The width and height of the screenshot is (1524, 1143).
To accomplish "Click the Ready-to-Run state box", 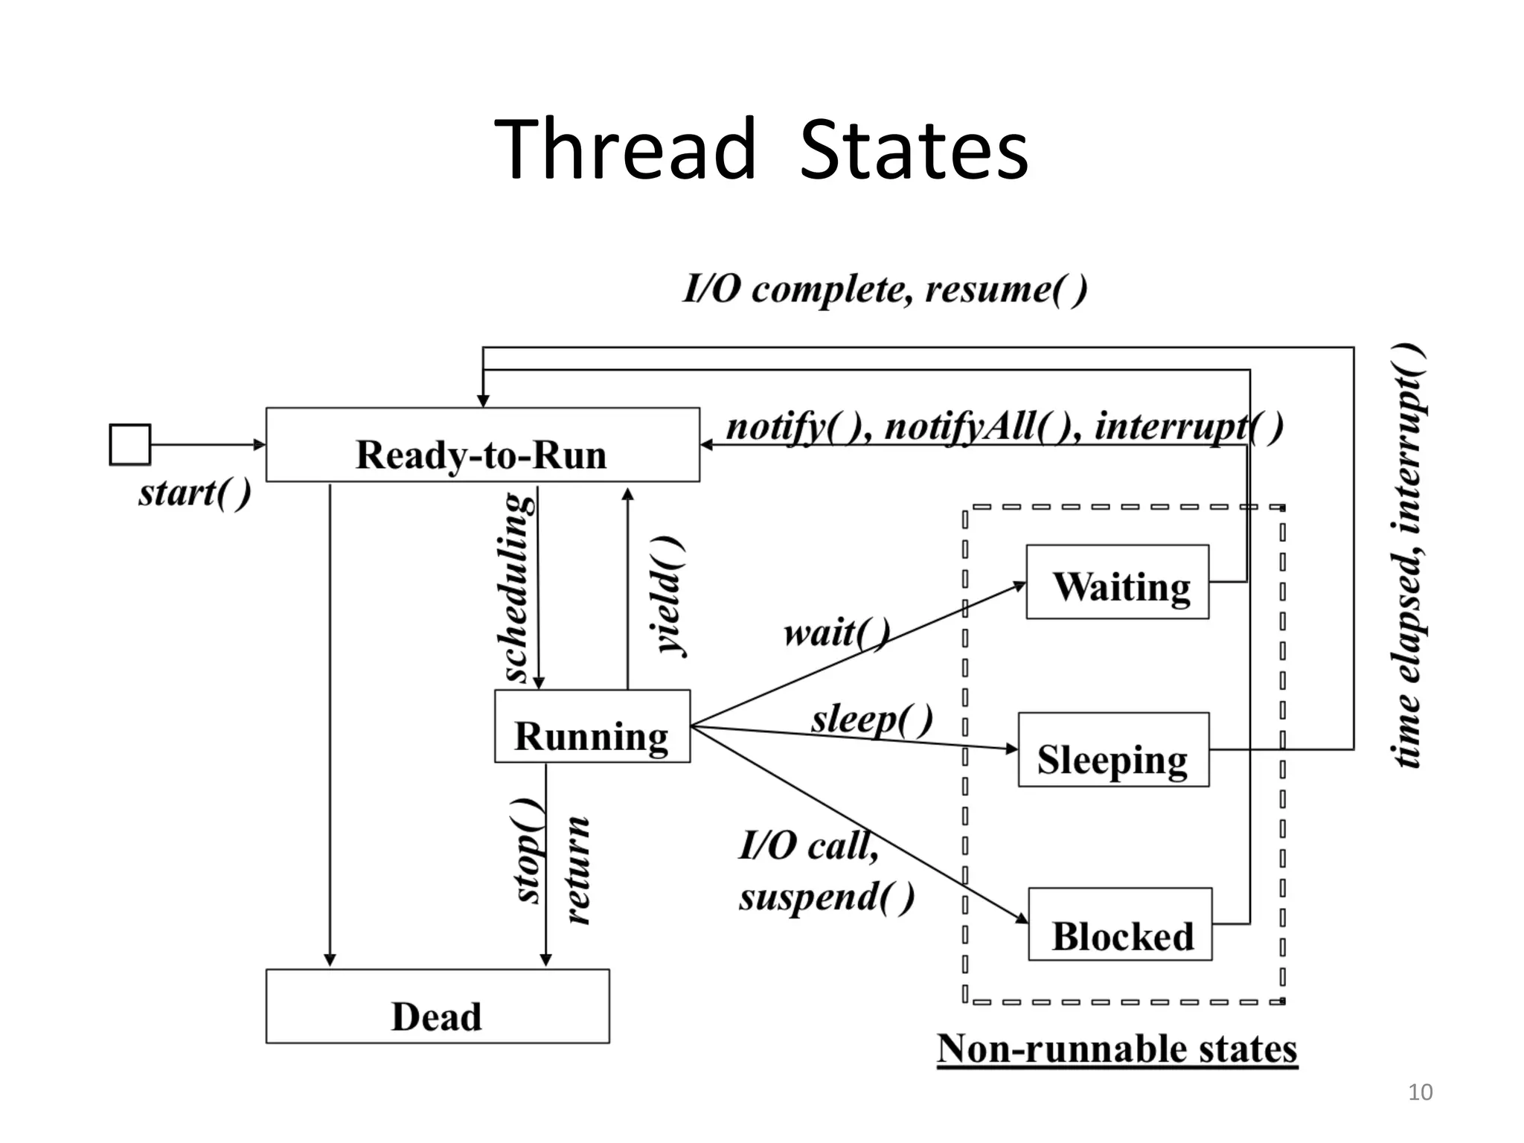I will coord(482,445).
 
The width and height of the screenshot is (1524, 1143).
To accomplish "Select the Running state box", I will coord(592,726).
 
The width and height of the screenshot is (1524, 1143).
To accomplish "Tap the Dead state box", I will coord(438,1006).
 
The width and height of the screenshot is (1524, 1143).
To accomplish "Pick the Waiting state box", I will coord(1117,582).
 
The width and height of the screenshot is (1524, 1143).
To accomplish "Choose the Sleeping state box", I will coord(1113,750).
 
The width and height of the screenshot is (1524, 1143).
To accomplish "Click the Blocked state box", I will coord(1120,924).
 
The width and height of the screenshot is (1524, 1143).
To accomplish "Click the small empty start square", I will coord(130,445).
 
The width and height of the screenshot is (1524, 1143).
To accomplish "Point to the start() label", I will coord(195,493).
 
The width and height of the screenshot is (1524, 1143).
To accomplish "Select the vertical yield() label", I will coord(667,595).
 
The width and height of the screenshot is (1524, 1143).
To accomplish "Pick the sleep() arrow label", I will coord(871,720).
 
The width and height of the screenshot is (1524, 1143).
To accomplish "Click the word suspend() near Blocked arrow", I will coord(826,897).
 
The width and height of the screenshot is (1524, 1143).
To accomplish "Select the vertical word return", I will coord(577,871).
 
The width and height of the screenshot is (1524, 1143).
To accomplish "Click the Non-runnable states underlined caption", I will coord(1117,1049).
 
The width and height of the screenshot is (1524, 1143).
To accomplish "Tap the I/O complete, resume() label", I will coord(885,289).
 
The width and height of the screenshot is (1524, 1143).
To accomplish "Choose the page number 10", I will coord(1420,1092).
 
